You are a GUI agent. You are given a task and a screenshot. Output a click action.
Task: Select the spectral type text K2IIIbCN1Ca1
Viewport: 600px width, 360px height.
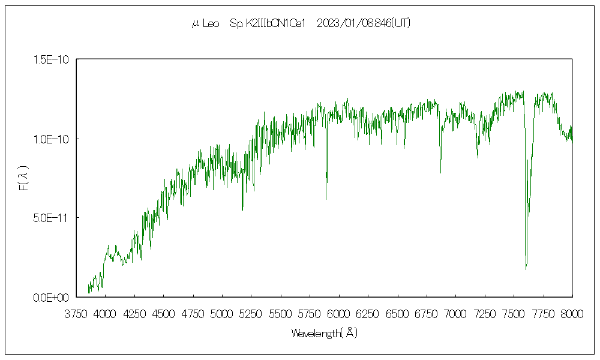pos(269,23)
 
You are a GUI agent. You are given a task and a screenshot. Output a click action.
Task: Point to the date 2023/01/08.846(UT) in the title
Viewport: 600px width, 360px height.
pos(363,23)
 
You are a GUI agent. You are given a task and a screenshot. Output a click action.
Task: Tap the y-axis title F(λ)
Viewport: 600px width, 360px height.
pos(23,178)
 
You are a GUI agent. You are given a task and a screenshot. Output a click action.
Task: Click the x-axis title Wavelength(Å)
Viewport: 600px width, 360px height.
pos(324,333)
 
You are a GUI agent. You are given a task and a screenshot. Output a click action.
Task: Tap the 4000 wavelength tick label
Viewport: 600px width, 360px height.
pos(106,313)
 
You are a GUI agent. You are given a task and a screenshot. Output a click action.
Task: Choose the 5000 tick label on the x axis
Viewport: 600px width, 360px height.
pos(222,313)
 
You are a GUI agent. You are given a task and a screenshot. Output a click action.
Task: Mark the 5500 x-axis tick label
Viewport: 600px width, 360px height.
pos(281,313)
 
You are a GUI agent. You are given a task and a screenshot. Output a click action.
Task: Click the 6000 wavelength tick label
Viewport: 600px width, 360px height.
pos(339,313)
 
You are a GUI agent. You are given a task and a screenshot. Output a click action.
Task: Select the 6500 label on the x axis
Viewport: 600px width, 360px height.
pos(397,313)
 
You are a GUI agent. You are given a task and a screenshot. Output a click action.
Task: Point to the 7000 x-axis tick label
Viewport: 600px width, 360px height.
pos(456,313)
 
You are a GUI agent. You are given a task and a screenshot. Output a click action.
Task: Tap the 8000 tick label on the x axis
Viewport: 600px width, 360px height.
pos(572,313)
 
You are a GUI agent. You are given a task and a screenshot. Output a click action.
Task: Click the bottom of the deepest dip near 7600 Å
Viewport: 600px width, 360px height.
pos(526,269)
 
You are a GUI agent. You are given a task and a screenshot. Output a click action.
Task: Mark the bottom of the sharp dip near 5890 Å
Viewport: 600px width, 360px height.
pos(326,199)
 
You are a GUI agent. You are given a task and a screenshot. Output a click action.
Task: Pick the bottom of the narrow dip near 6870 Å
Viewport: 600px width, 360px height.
pos(440,173)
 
